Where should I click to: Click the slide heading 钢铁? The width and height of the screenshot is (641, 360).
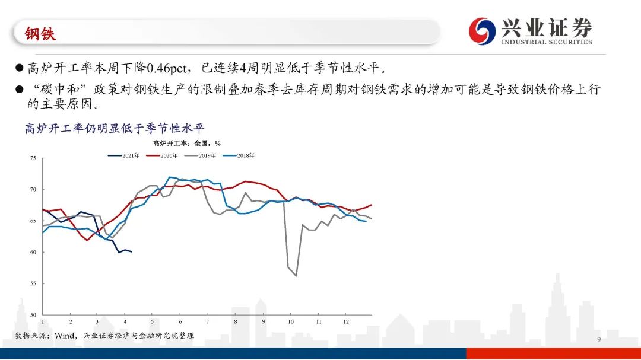[x=40, y=34]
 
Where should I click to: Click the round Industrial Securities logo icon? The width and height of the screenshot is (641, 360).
[x=481, y=30]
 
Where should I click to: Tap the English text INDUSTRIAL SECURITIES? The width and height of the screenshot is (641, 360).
[x=546, y=42]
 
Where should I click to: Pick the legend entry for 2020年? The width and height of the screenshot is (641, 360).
[x=163, y=155]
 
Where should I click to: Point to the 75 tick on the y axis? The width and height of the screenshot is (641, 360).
[x=33, y=158]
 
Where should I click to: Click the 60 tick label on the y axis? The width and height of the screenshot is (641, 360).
[x=33, y=252]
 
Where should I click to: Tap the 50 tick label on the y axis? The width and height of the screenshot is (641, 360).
[x=33, y=315]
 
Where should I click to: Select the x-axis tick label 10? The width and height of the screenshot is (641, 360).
[x=291, y=321]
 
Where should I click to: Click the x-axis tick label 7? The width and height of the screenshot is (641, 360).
[x=207, y=321]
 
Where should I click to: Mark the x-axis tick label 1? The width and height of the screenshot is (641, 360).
[x=43, y=321]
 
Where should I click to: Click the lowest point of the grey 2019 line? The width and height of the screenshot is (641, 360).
[x=296, y=276]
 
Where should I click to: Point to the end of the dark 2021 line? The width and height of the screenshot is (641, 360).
[x=132, y=252]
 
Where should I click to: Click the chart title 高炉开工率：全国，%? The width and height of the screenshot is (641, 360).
[x=187, y=143]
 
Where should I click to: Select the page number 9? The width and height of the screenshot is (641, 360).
[x=599, y=339]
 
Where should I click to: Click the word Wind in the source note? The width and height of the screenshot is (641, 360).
[x=65, y=336]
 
